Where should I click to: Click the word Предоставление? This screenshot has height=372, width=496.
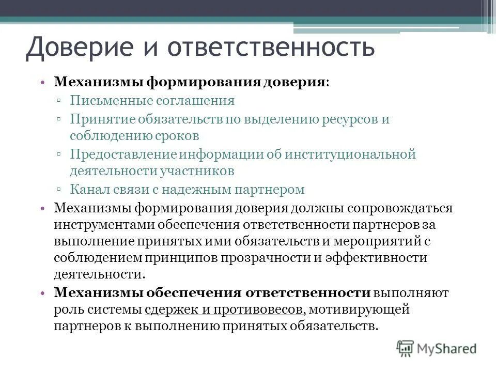tap(124, 154)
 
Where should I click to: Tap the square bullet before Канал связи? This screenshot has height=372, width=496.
tap(60, 190)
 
